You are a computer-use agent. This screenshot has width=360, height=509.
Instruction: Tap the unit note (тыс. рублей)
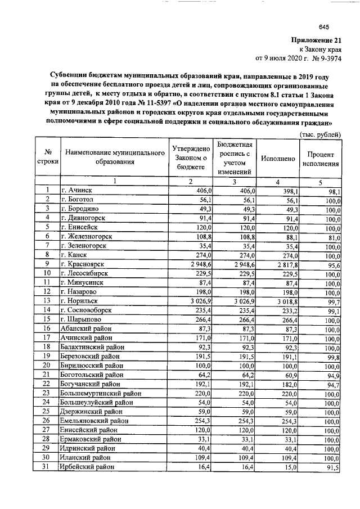coord(319,134)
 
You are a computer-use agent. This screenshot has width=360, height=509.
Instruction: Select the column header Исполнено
coord(278,159)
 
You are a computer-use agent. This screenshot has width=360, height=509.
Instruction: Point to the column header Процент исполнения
coord(320,159)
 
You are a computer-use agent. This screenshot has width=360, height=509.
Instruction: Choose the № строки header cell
coord(48,159)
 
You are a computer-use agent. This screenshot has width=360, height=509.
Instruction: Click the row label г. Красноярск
coord(85,263)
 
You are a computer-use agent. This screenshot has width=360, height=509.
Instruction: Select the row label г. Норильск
coord(82,301)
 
